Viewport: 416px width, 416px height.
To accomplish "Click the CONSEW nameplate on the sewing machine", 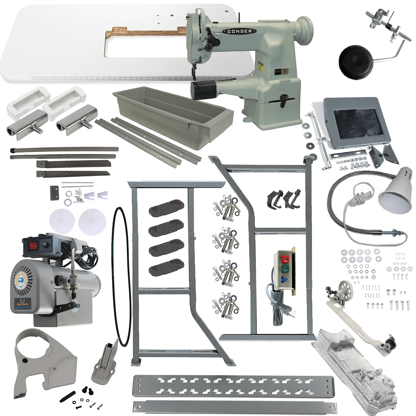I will pyautogui.click(x=242, y=31).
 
